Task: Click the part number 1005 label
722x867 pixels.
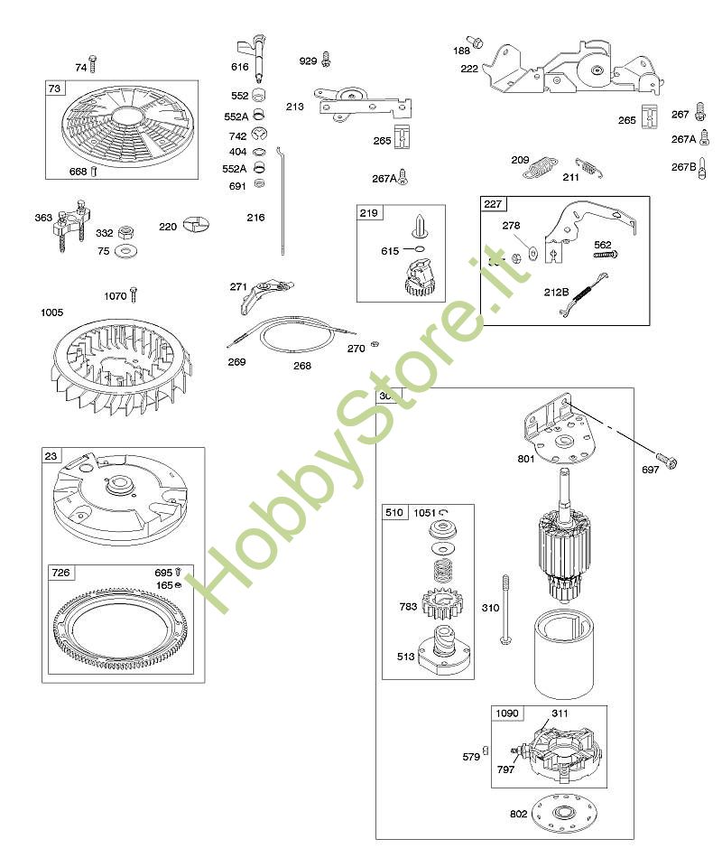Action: [x=52, y=312]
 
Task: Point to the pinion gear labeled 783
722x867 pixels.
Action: [x=441, y=602]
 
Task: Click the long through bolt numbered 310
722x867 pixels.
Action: [x=505, y=609]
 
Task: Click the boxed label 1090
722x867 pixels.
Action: [x=507, y=713]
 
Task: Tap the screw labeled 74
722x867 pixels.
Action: [x=92, y=64]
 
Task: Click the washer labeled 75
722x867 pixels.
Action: [x=127, y=250]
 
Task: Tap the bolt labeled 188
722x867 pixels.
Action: [x=479, y=42]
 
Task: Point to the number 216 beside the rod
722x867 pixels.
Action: [x=256, y=218]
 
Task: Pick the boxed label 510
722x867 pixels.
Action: [x=394, y=512]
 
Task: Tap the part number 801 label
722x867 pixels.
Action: [x=526, y=458]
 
